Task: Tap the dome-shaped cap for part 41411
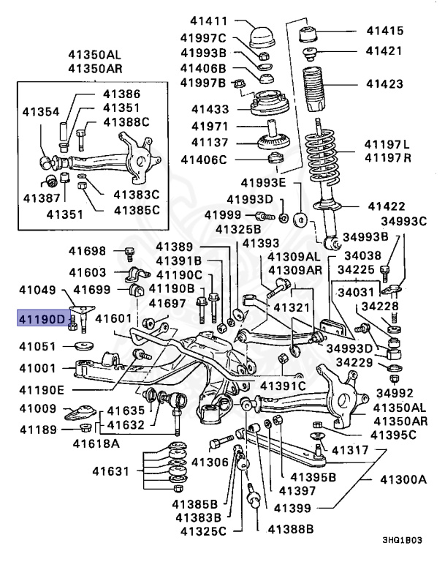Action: pyautogui.click(x=260, y=36)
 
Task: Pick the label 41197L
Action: pyautogui.click(x=388, y=144)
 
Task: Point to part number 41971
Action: pyautogui.click(x=210, y=126)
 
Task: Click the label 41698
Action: pyautogui.click(x=88, y=251)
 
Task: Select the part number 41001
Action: pyautogui.click(x=37, y=370)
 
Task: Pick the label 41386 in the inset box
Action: pyautogui.click(x=121, y=94)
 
